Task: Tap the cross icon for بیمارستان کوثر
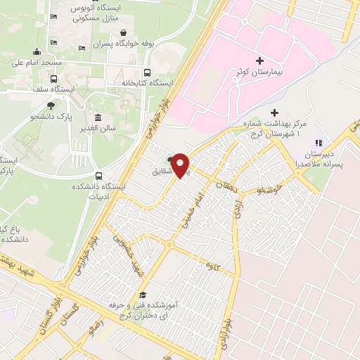coord(260,62)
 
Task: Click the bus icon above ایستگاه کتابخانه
coord(147,72)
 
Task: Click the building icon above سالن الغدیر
coord(97,117)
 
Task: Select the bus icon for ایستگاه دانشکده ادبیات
coord(98,176)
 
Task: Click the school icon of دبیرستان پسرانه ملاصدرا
coord(317,143)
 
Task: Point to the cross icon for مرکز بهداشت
coord(274,112)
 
